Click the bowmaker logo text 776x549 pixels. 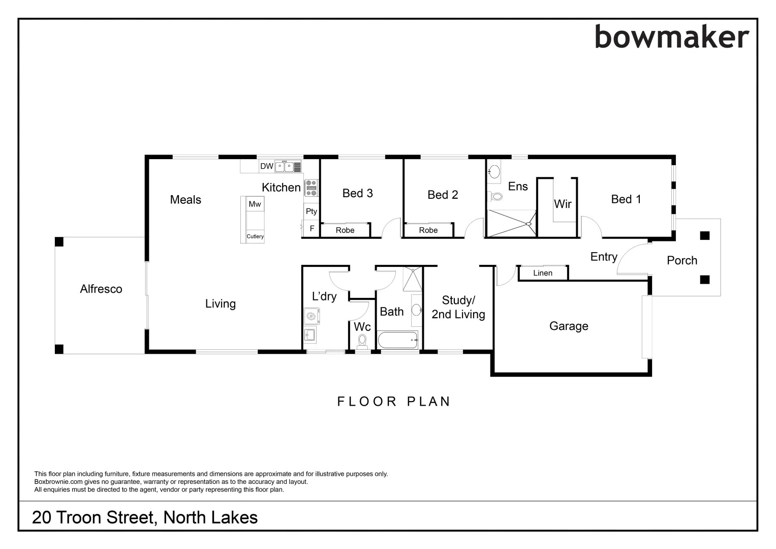coord(671,38)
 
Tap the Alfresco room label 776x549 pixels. coord(101,289)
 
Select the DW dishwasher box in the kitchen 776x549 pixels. coord(266,166)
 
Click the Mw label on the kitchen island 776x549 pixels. coord(255,204)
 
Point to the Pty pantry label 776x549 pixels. coord(312,211)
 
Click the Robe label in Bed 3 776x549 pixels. coord(345,230)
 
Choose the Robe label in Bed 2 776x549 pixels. coord(428,230)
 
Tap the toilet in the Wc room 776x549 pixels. coord(362,341)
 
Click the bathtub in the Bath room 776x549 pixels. coord(397,339)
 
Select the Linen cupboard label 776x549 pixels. coord(543,273)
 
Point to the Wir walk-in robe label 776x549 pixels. coord(563,204)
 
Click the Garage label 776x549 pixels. coord(569,326)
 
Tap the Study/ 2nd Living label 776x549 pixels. coord(458,308)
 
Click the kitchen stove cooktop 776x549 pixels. coord(311,188)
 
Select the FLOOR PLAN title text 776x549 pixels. coord(394,402)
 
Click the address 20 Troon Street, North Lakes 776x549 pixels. coord(145,517)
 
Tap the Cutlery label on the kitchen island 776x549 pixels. coord(255,236)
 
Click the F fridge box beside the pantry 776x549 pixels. coord(312,229)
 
